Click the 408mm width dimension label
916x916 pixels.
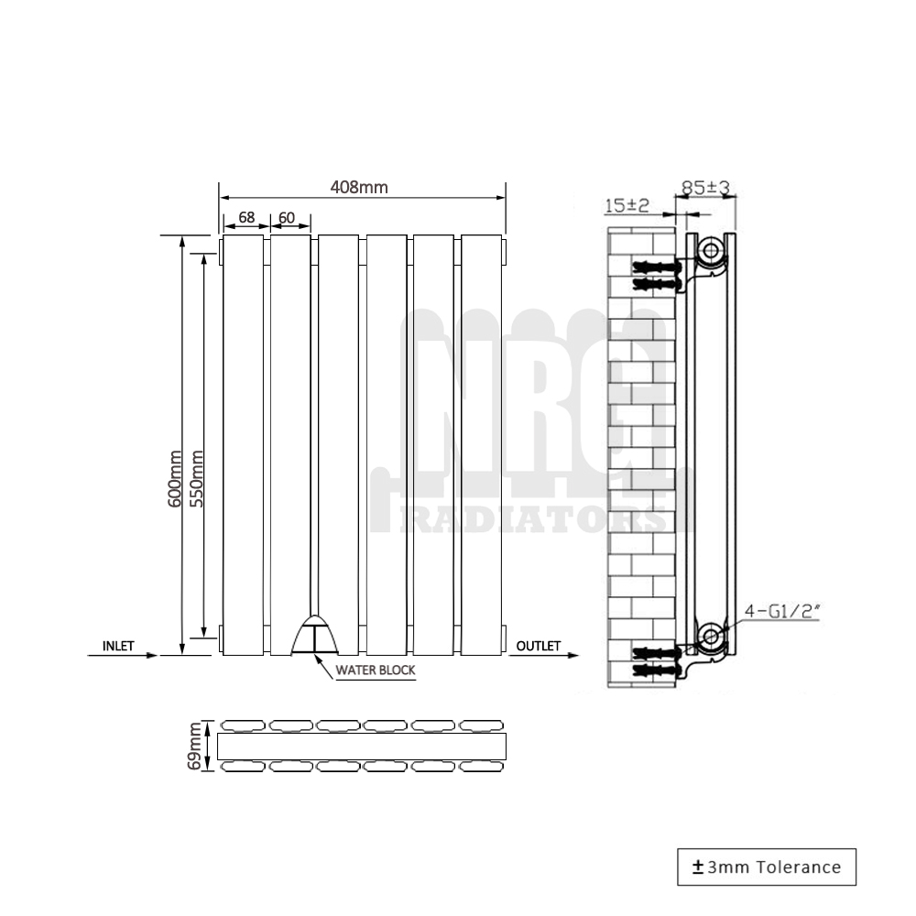coord(359,188)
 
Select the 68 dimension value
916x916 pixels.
coord(246,218)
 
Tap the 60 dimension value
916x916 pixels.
coord(287,218)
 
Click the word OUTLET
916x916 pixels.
coord(539,646)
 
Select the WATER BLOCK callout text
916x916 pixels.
coord(375,671)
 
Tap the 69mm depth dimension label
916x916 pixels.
coord(194,745)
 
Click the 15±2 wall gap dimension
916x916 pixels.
coord(627,206)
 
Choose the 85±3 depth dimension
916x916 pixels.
coord(705,188)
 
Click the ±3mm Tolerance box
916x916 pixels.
coord(766,867)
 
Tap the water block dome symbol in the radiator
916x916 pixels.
coord(313,634)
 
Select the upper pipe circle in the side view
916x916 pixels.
coord(709,250)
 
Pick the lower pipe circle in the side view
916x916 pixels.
coord(709,635)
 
